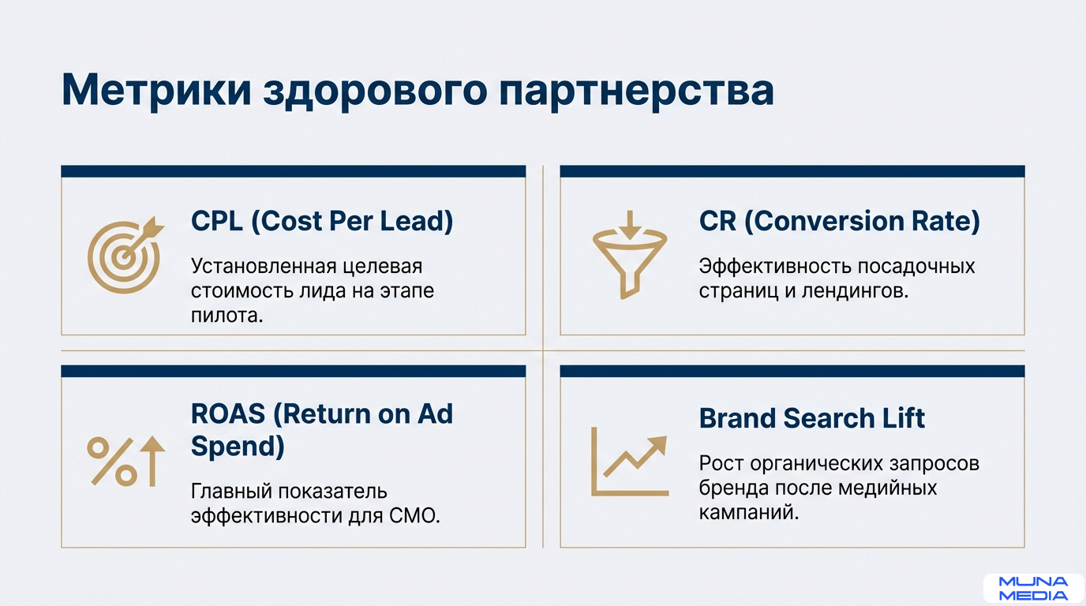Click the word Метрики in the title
[156, 90]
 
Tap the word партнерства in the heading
[637, 92]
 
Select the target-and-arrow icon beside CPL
[125, 255]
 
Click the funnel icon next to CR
[630, 255]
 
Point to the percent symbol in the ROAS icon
[112, 462]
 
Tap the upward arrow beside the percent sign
[152, 461]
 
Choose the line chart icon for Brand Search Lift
[630, 462]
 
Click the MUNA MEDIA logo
[1033, 589]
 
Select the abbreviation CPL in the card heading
[217, 221]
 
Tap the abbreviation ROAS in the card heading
[228, 414]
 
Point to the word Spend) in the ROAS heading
[238, 447]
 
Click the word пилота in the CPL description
[223, 316]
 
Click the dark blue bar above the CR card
[792, 171]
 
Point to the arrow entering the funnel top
[630, 225]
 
